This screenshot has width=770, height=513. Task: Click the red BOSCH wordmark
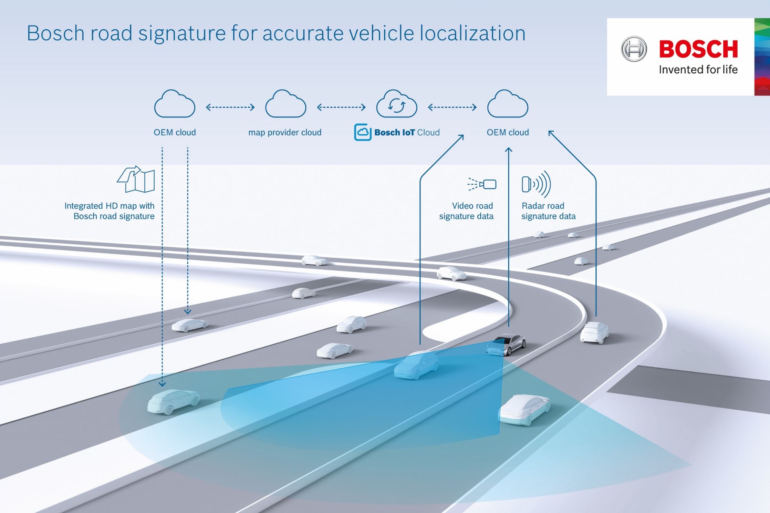pos(698,49)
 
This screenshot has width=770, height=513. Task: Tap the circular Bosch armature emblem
pos(634,49)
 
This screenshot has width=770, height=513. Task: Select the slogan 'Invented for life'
pos(698,70)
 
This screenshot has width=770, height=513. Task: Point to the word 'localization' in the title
pos(472,33)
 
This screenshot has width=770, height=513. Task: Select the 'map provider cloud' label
pos(285,132)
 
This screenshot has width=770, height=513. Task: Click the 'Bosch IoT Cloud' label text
pos(407,132)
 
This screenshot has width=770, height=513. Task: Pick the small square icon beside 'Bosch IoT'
pos(363,132)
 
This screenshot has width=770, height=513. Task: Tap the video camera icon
pos(482,184)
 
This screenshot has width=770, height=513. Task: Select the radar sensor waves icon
pos(536,184)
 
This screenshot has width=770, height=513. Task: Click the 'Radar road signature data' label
pos(548,211)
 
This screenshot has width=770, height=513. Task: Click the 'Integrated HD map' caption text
pos(110,211)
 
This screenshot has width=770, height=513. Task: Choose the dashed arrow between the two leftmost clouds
pos(230,107)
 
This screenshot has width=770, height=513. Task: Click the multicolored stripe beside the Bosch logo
pos(762,57)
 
